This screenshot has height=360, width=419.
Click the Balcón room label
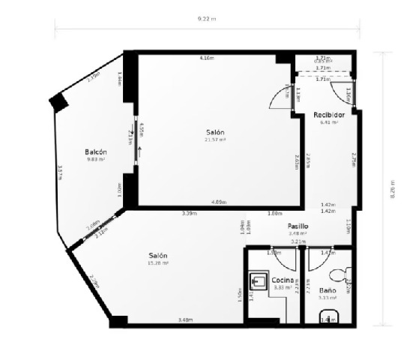(x=94, y=150)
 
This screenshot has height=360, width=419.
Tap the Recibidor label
(x=329, y=115)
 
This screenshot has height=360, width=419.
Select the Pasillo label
(x=299, y=226)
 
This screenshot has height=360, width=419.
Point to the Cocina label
(x=283, y=279)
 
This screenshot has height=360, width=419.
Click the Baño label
(x=328, y=289)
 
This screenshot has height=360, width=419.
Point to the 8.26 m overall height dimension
(x=391, y=190)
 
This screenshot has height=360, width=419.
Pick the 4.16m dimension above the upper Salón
(x=206, y=58)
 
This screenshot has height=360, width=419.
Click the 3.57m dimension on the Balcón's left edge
(x=59, y=172)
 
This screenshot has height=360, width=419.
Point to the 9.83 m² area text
(x=95, y=159)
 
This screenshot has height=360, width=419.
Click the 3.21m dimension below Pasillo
(x=298, y=241)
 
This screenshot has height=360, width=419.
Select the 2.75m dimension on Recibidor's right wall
(x=353, y=159)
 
